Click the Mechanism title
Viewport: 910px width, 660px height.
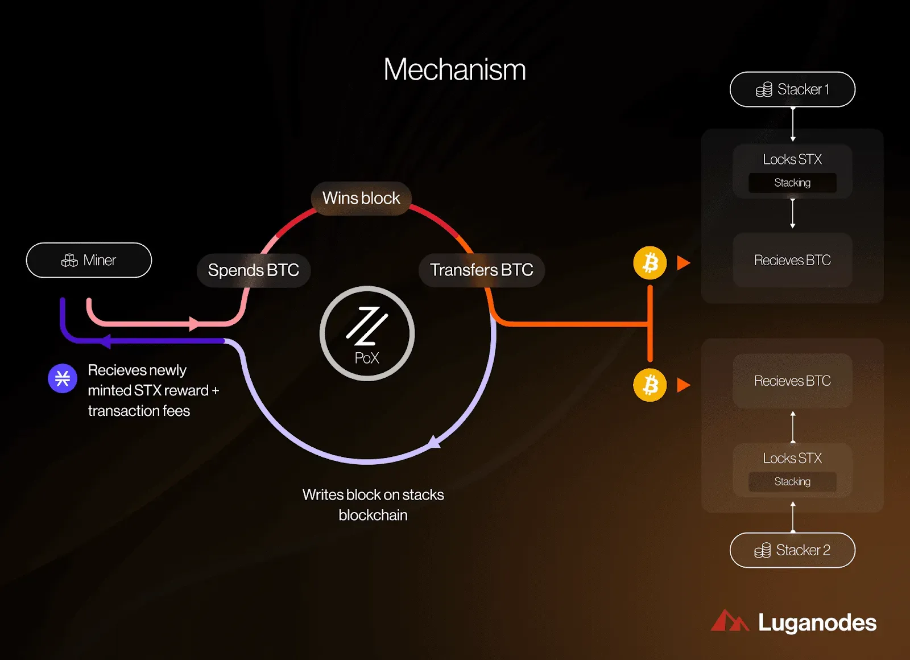coord(454,69)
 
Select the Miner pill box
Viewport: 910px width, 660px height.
coord(89,260)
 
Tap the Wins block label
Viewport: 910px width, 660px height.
coord(361,199)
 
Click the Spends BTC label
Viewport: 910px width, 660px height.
coord(254,270)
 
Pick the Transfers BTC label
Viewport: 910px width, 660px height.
coord(481,270)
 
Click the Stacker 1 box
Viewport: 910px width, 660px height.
coord(793,89)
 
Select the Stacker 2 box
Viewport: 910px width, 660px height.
coord(793,550)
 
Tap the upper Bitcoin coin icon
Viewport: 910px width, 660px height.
coord(650,263)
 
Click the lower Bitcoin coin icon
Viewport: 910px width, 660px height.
coord(650,385)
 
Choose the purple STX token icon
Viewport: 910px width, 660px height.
coord(63,378)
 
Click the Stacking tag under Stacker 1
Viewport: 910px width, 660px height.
coord(793,183)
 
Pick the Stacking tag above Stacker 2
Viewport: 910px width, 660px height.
coord(793,481)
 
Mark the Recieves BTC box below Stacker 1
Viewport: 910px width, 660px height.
coord(793,260)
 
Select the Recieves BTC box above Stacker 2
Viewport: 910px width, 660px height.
coord(793,381)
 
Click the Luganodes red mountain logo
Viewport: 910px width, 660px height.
coord(730,621)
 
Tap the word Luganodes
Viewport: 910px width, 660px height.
coord(817,622)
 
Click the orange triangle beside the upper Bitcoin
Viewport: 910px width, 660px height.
coord(683,263)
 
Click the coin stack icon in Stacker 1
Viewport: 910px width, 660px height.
coord(764,90)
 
